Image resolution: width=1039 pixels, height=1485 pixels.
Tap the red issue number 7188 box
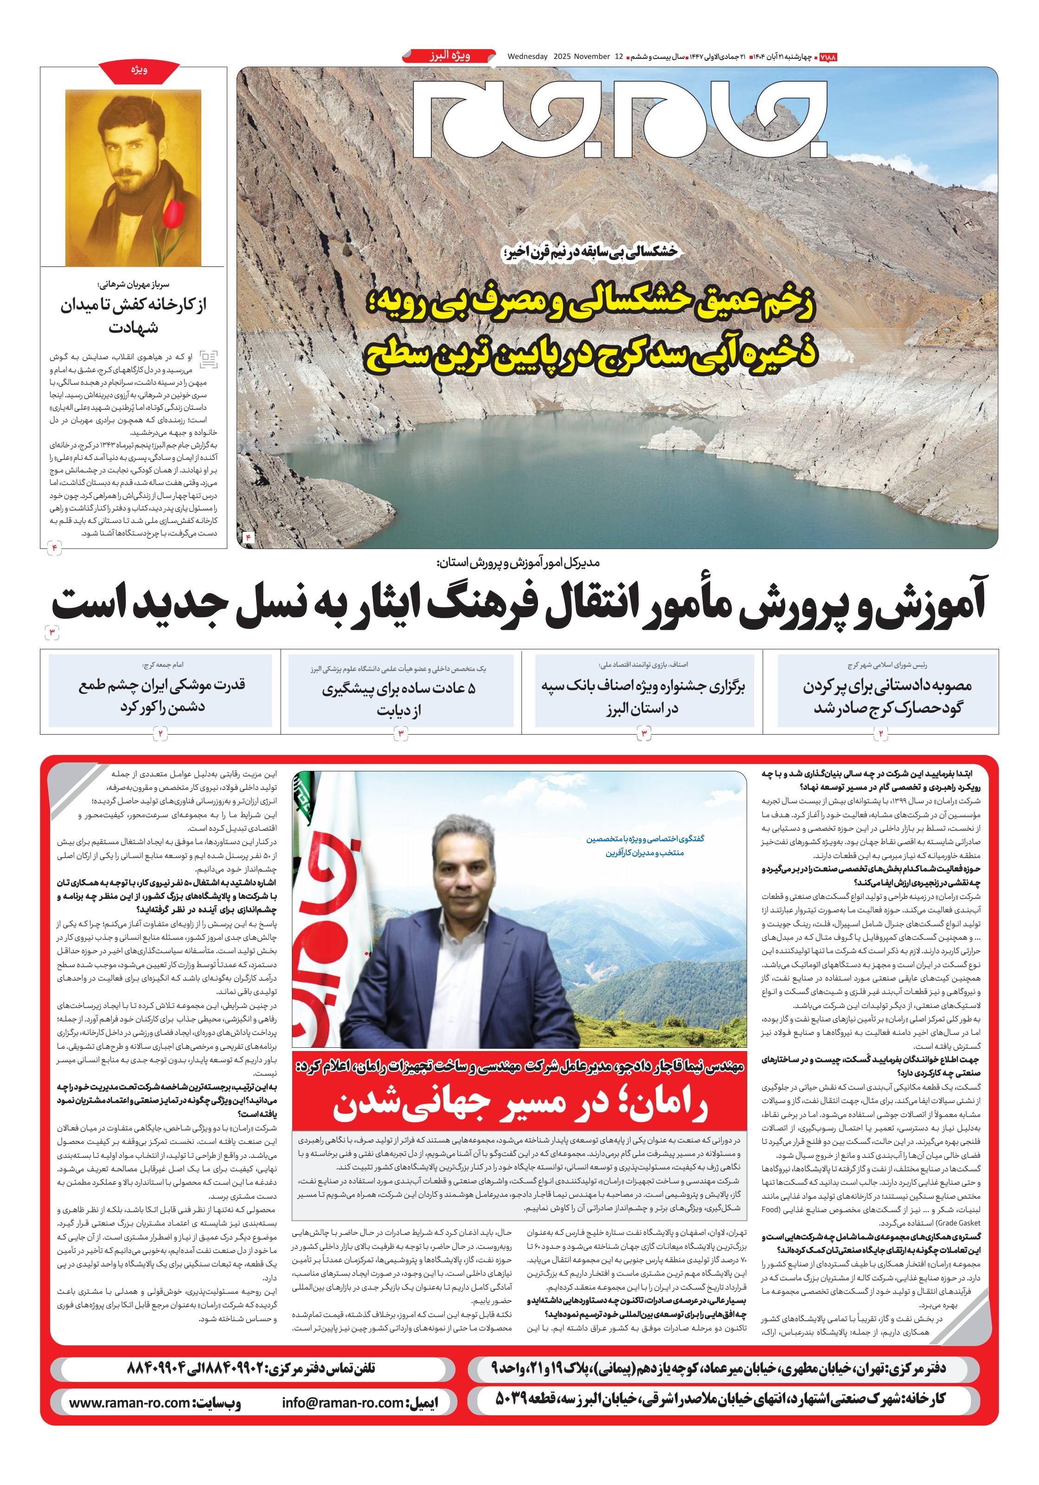[827, 57]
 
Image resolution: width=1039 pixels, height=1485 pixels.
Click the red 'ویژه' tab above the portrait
[139, 71]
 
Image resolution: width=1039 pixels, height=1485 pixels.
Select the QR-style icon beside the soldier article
[208, 360]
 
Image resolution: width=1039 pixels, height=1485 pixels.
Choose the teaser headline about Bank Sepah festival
[643, 697]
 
